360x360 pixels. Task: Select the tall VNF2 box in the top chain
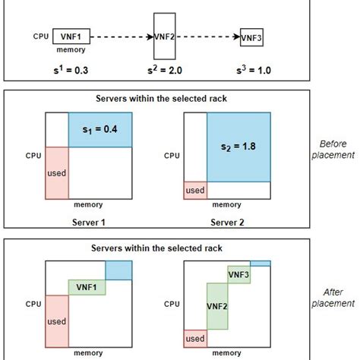tap(164, 35)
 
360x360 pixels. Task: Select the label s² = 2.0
tap(164, 70)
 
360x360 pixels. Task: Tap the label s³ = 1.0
tap(251, 70)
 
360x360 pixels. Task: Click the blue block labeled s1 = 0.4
tap(101, 130)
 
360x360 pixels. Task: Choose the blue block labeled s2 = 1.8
tap(238, 147)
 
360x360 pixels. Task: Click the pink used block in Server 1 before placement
tap(57, 173)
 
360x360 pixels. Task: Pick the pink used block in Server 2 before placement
tap(195, 191)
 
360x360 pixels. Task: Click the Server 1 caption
tap(88, 223)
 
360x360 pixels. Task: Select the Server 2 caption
tap(226, 223)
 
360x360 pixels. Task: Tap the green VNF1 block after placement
tap(87, 287)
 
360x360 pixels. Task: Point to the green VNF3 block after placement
tap(238, 274)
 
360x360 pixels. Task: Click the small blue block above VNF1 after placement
tap(118, 269)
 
